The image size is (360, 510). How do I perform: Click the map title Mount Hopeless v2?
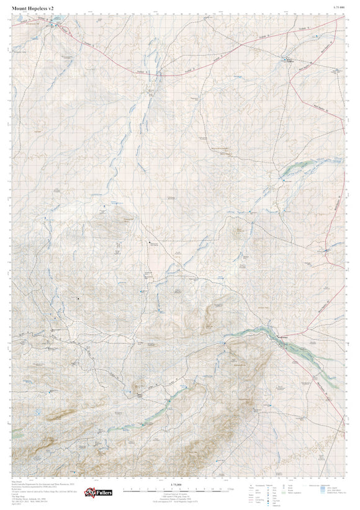tap(32, 7)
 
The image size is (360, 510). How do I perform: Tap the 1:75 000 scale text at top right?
tap(339, 7)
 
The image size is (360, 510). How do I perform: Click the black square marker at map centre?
tap(150, 242)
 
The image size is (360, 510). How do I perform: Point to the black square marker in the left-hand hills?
tap(78, 299)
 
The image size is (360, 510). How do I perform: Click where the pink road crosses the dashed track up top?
tap(218, 56)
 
